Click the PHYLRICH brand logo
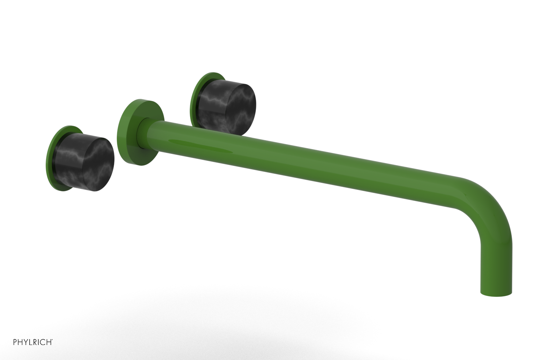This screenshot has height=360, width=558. coord(33,342)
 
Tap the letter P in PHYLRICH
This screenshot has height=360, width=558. coord(15,343)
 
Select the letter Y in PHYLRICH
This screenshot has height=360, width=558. coord(25,343)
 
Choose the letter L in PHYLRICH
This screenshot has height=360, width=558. coord(30,343)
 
